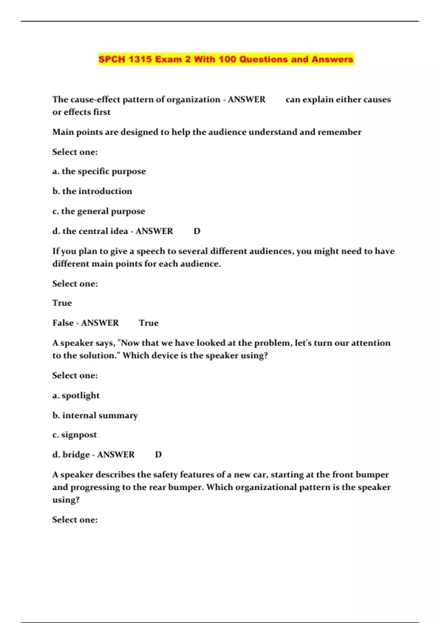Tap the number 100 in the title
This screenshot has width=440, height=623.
click(x=227, y=59)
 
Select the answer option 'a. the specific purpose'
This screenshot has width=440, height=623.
click(x=99, y=171)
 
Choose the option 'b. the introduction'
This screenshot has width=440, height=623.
click(x=92, y=191)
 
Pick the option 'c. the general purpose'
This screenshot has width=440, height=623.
click(x=99, y=211)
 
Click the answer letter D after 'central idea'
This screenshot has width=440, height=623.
click(x=197, y=231)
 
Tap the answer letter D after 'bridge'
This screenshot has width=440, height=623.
click(x=158, y=455)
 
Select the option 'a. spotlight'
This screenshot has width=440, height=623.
click(x=76, y=395)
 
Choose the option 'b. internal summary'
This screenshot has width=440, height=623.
click(x=95, y=415)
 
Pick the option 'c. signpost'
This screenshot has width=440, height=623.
click(x=74, y=435)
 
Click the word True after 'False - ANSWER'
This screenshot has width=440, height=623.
click(x=148, y=323)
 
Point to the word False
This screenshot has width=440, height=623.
click(x=63, y=323)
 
